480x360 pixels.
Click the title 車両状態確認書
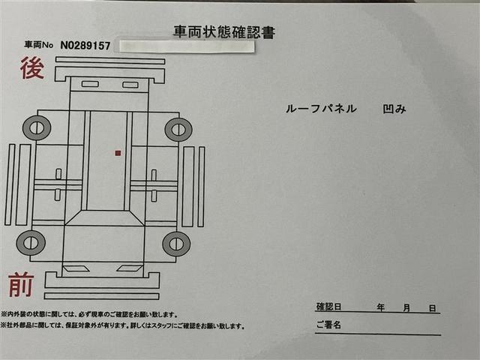click(x=224, y=32)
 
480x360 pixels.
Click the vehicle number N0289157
click(x=85, y=46)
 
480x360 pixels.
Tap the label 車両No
click(x=38, y=45)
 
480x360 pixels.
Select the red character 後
click(x=32, y=68)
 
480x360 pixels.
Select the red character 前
click(x=21, y=285)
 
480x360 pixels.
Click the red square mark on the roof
click(x=118, y=153)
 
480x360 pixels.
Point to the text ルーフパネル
click(x=321, y=109)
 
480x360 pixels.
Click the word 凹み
click(x=394, y=109)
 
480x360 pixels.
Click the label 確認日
click(x=328, y=307)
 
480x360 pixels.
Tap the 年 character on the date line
click(x=380, y=307)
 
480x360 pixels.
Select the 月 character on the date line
click(x=406, y=307)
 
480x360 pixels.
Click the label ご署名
click(x=328, y=325)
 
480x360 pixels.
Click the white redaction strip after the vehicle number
click(x=187, y=46)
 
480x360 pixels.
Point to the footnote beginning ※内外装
click(x=89, y=314)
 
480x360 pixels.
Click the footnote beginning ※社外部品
click(x=123, y=325)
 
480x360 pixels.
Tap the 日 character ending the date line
click(x=432, y=308)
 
